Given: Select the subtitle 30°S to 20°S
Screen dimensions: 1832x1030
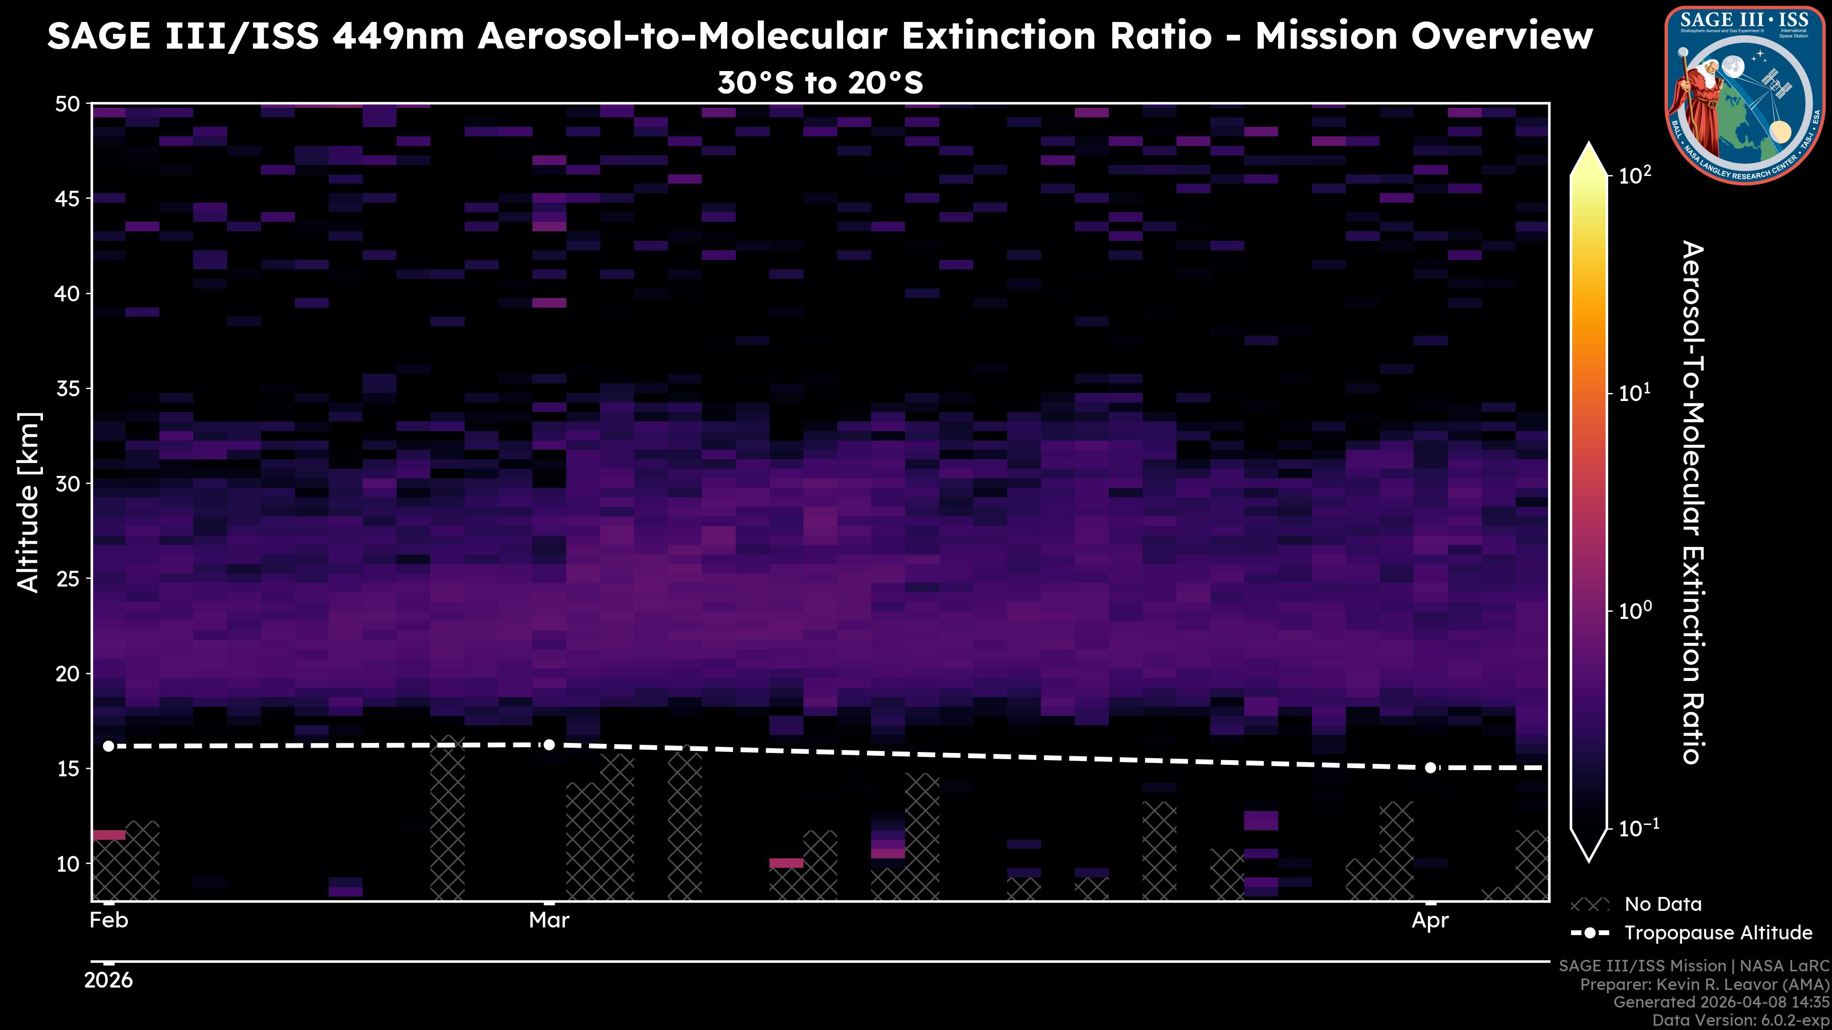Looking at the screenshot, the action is point(820,83).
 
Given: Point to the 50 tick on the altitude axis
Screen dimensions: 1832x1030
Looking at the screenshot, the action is point(68,104).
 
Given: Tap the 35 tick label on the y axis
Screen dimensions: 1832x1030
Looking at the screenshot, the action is point(68,389).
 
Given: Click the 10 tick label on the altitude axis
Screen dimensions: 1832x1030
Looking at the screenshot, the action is point(68,864).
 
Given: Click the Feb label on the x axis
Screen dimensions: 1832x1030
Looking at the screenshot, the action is point(109,920).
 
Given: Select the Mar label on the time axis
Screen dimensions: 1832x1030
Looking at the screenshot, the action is point(549,920).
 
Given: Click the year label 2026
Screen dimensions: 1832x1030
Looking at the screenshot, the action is point(108,980).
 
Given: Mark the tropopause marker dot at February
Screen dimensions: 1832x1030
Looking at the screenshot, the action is point(108,746).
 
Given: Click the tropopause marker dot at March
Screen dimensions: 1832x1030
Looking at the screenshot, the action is point(549,745).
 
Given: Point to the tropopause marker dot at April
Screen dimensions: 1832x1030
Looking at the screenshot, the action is point(1430,768).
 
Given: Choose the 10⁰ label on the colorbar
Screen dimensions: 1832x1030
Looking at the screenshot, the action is point(1636,610).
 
